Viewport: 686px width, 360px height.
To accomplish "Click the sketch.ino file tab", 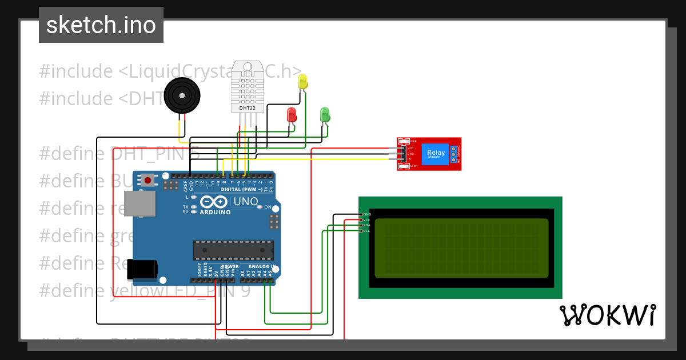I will tap(101, 25).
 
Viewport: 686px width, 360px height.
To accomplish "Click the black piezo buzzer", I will tap(182, 96).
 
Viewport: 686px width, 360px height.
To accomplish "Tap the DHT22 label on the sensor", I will tap(248, 107).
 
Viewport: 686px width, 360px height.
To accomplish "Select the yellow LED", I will tap(302, 82).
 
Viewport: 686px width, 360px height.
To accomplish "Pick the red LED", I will tap(292, 114).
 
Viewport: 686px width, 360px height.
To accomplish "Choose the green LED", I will tap(325, 114).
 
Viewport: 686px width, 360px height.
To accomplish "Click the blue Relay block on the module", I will tap(436, 153).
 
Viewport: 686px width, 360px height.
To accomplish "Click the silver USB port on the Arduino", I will tap(141, 204).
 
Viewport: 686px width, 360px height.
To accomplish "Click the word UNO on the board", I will tap(246, 202).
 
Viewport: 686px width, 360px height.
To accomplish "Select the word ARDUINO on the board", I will tap(215, 212).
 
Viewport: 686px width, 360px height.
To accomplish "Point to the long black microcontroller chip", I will tap(233, 250).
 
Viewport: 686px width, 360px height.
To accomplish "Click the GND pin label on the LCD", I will tap(367, 214).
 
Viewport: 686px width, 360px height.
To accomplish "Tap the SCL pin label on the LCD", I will tap(367, 231).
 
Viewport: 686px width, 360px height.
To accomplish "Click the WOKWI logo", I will tap(607, 315).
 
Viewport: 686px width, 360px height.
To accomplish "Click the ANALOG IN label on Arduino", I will tap(262, 267).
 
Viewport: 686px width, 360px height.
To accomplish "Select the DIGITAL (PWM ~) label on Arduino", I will tap(241, 189).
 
